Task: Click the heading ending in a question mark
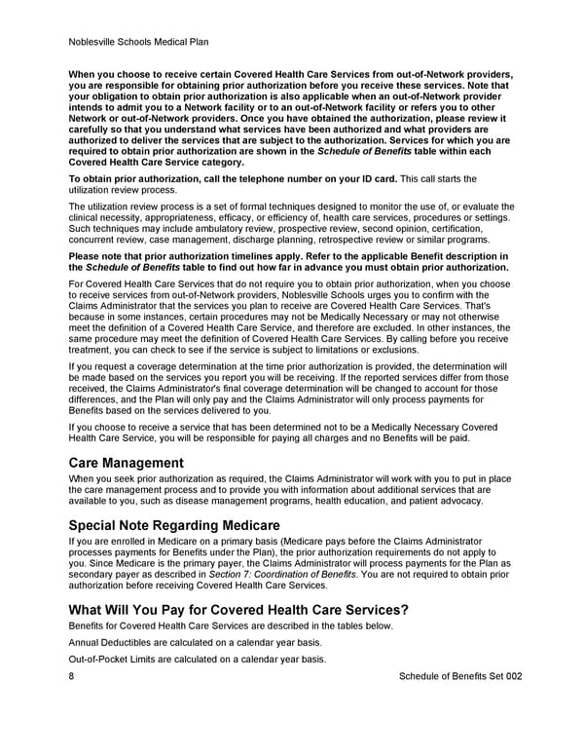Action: (x=238, y=610)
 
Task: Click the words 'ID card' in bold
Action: (x=378, y=179)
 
